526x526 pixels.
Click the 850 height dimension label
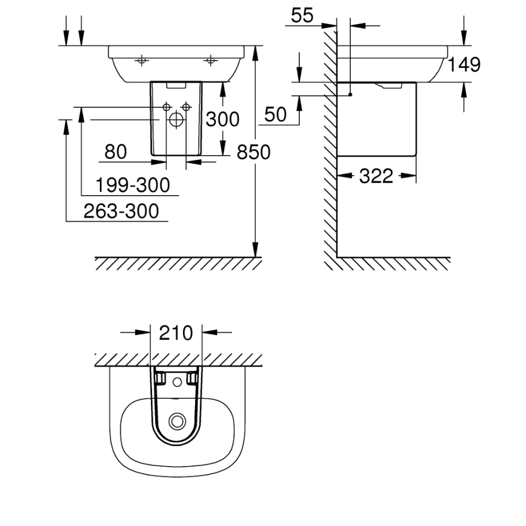(253, 153)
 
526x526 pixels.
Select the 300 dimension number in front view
(222, 119)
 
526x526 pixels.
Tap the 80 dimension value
(116, 152)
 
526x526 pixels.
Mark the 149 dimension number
(464, 64)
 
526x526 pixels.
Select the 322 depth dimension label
(376, 176)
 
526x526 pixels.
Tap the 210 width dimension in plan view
(176, 333)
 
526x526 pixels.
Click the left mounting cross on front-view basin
(141, 60)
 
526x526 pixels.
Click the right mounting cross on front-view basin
(211, 60)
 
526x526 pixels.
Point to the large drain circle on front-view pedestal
(176, 119)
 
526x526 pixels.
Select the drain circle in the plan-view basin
(176, 420)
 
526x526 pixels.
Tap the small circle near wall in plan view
(176, 382)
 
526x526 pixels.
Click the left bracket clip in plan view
(160, 378)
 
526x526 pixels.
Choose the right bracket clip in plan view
(193, 378)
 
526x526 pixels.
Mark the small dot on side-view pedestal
(350, 95)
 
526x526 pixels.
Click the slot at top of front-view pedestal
(176, 87)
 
